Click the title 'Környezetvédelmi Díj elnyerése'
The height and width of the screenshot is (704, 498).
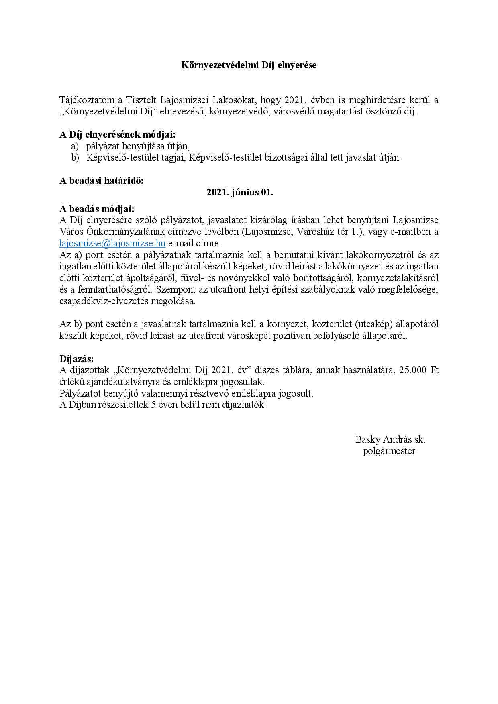coord(249,65)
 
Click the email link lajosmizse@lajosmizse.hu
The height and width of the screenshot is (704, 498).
coord(112,243)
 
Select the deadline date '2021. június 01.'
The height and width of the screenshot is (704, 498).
coord(240,192)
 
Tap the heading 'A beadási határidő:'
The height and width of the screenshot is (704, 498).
coord(101,181)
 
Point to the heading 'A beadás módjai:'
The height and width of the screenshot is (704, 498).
coord(97,209)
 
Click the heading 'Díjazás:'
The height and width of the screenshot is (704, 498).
coord(76,358)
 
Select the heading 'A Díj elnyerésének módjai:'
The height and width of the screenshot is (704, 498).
coord(117,135)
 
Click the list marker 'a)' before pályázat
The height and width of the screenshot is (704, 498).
coord(75,146)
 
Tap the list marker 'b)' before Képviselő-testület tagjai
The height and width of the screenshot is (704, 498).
coord(76,157)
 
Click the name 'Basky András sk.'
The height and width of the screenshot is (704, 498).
coord(390,439)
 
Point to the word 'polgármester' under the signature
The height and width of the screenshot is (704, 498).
coord(389,451)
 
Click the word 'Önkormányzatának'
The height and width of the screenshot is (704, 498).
coord(109,232)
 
